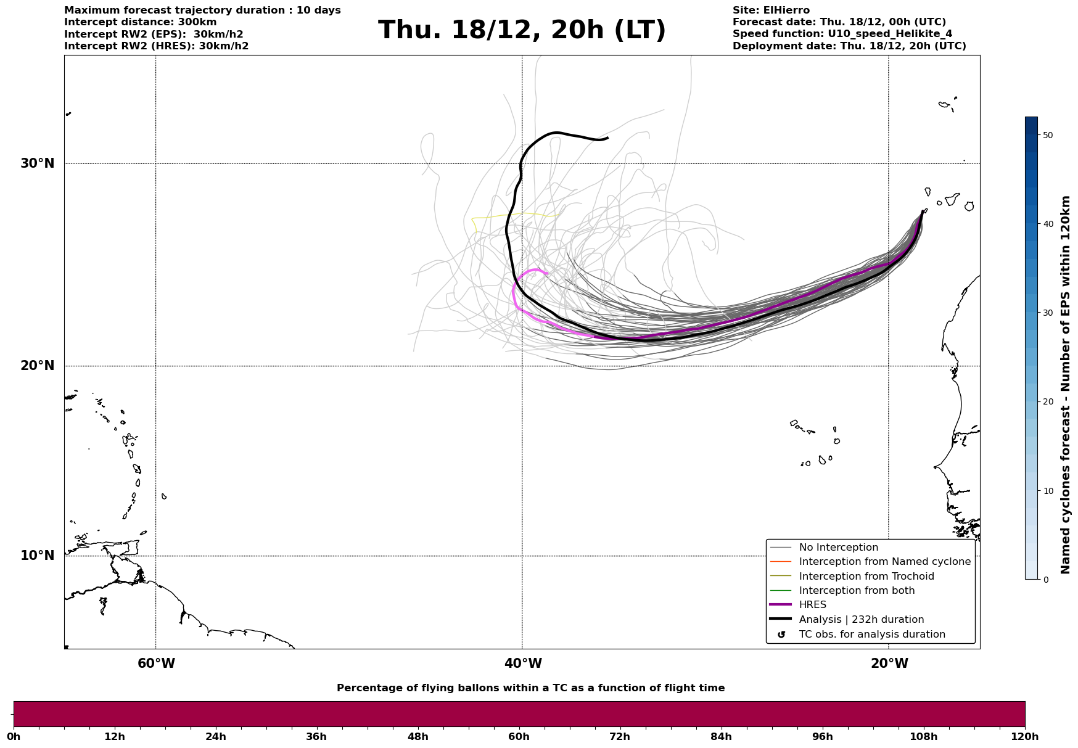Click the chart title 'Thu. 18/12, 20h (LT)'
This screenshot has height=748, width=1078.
click(522, 30)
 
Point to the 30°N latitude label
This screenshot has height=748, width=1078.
click(37, 163)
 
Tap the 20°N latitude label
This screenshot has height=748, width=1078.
click(37, 366)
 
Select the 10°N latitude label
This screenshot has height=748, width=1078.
click(37, 556)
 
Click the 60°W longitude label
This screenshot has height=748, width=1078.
click(156, 664)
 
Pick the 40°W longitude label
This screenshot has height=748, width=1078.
click(523, 664)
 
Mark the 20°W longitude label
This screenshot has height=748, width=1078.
click(889, 664)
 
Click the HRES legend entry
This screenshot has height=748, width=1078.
click(812, 605)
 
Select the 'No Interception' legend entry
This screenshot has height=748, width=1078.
click(838, 548)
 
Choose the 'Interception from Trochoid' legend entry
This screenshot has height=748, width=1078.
click(866, 577)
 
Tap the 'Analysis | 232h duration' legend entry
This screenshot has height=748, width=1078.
click(861, 620)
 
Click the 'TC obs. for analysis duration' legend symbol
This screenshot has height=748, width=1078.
click(781, 635)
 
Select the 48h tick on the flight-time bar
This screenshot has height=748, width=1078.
click(418, 736)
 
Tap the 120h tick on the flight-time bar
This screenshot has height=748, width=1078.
click(1025, 736)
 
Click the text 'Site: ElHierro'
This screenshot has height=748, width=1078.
click(771, 10)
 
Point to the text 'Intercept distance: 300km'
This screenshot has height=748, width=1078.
click(141, 22)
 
